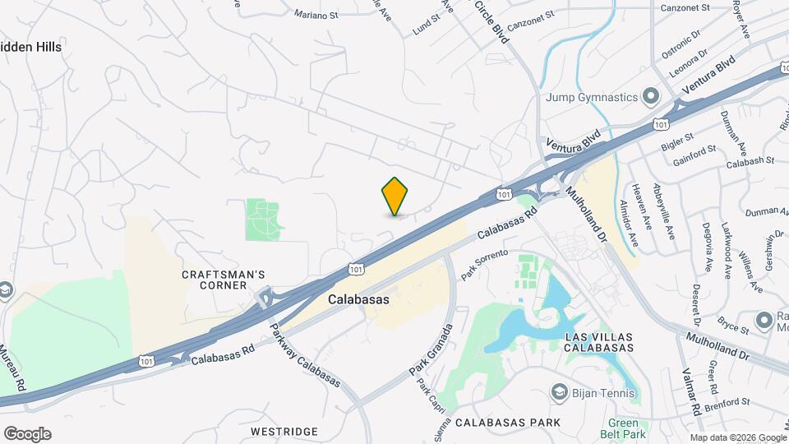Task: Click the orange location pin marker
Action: [x=395, y=196]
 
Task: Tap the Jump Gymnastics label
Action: [x=593, y=97]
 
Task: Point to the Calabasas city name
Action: [x=358, y=300]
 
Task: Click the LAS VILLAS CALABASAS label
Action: [x=598, y=342]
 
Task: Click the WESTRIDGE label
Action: [x=284, y=432]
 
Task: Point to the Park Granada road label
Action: [x=431, y=352]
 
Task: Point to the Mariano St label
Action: [x=318, y=13]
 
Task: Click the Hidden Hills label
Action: [x=30, y=47]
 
